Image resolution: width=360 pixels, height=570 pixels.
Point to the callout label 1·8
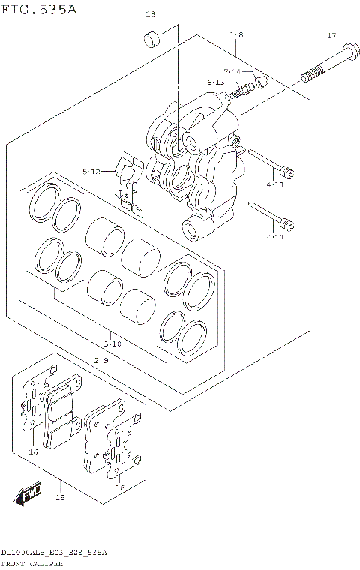236,34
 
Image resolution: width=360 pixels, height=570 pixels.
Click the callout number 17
331,36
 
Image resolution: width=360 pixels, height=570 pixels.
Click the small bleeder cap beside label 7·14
261,79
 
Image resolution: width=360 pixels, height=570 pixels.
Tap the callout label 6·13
216,82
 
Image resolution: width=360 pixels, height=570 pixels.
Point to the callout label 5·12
91,172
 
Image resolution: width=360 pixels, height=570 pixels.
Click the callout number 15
60,498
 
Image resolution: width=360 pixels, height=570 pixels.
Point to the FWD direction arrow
28,494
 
